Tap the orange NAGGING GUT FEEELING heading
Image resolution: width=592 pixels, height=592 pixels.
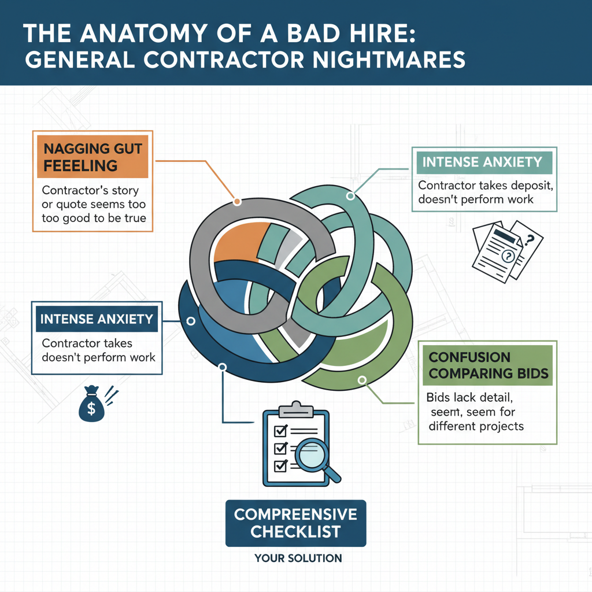(92, 157)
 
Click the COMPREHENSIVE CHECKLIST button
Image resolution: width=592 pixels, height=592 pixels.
(295, 523)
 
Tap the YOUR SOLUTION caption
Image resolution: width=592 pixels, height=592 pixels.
(298, 558)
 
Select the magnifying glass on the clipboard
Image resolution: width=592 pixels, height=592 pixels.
(312, 456)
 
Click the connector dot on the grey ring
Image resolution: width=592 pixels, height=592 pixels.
(236, 202)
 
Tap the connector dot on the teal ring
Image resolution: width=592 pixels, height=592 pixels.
(350, 197)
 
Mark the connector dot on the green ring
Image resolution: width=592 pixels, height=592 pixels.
(362, 380)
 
